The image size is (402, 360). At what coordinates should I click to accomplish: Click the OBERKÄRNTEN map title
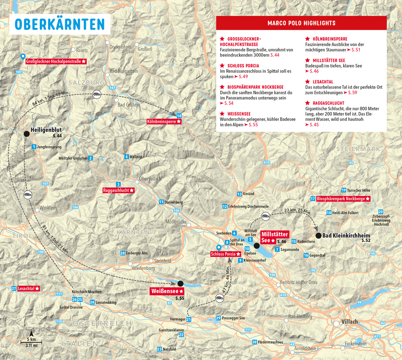pyautogui.click(x=60, y=24)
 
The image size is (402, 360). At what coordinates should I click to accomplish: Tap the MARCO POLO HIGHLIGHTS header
pyautogui.click(x=301, y=23)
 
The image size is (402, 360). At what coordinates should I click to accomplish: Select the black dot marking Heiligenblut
pyautogui.click(x=26, y=134)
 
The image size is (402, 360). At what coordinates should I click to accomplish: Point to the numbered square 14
pyautogui.click(x=179, y=116)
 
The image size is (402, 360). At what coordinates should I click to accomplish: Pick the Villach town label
pyautogui.click(x=350, y=322)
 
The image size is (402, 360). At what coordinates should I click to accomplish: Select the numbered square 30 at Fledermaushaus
pyautogui.click(x=255, y=342)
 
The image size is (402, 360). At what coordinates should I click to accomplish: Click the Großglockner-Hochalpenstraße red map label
pyautogui.click(x=56, y=62)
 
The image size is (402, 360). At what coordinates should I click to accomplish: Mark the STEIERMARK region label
pyautogui.click(x=359, y=149)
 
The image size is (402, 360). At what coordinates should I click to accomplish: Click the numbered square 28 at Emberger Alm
pyautogui.click(x=123, y=253)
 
